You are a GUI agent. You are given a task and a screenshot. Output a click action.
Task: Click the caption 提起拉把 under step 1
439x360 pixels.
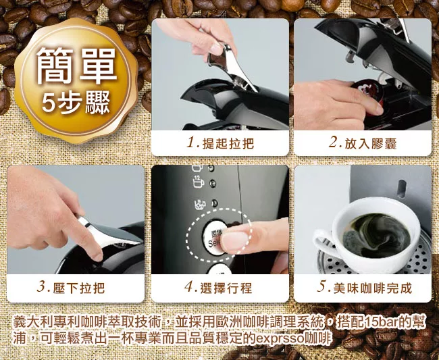(x=228, y=144)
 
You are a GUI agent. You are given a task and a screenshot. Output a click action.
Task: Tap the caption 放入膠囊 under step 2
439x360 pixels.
(x=370, y=144)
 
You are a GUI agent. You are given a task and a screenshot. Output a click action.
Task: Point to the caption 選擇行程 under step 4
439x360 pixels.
(x=226, y=288)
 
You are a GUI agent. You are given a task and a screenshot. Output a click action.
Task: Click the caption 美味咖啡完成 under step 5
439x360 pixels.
(x=373, y=288)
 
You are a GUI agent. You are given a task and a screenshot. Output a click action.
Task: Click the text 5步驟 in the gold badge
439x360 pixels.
(x=76, y=103)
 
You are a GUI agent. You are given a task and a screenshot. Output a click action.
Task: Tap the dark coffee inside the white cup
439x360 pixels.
(x=376, y=236)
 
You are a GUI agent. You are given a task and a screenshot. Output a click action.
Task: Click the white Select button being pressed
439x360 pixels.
(x=214, y=237)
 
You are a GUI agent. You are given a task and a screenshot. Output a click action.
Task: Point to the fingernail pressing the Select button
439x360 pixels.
(x=234, y=241)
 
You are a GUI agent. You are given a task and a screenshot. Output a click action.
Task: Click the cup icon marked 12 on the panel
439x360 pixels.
(x=198, y=182)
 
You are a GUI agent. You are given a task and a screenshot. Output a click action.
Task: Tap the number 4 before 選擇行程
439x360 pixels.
(x=189, y=288)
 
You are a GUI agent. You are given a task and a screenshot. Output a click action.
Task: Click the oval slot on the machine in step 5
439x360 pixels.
(x=401, y=188)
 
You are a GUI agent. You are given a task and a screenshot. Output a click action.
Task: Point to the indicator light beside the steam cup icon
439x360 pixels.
(x=214, y=203)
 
